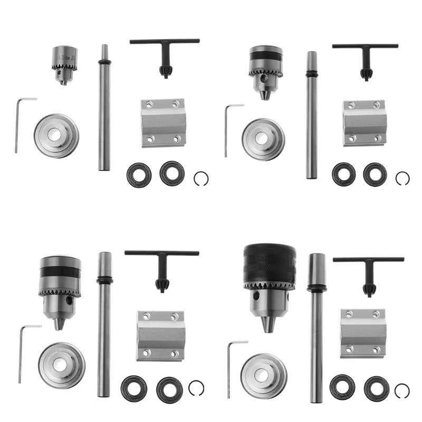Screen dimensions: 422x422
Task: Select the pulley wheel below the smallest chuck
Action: click(56, 136)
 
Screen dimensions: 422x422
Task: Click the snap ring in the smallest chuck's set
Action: click(201, 179)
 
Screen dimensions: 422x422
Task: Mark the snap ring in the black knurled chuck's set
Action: click(402, 391)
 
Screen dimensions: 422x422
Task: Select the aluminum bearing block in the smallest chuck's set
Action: click(164, 123)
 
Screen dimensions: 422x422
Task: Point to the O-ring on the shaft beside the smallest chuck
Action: click(104, 62)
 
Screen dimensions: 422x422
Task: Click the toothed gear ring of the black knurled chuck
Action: click(269, 286)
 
